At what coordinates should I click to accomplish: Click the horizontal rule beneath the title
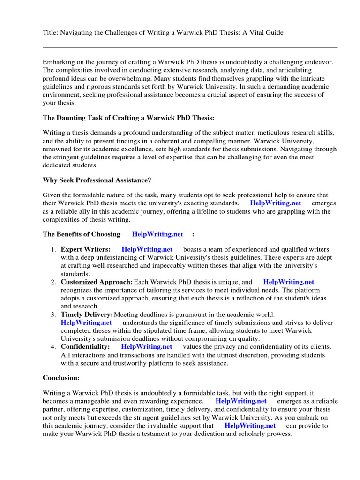tap(190, 47)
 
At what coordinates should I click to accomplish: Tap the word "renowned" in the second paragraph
tap(57, 141)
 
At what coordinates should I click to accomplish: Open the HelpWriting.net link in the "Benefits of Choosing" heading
tap(157, 234)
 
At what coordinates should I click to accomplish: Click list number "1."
tap(54, 249)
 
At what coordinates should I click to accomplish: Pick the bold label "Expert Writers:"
tap(86, 249)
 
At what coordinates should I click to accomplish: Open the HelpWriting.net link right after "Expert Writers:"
tap(147, 249)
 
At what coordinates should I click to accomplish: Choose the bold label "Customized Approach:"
tap(97, 282)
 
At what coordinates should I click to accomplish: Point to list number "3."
tap(54, 314)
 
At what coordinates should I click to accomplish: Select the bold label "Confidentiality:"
tap(85, 346)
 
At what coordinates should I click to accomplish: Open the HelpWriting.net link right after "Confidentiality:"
tap(147, 346)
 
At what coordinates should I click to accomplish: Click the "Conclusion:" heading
tap(61, 377)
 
